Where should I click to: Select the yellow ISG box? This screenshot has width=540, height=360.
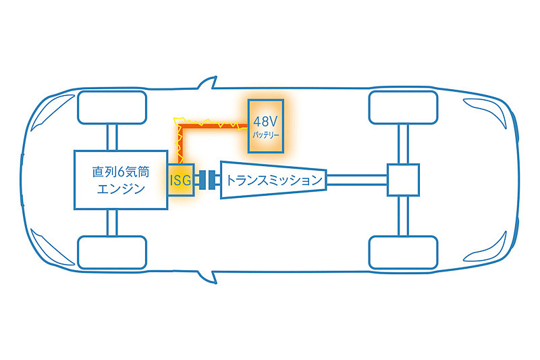click(x=180, y=180)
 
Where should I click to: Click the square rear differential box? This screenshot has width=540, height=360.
click(x=402, y=180)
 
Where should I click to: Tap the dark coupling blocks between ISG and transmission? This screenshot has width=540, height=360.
click(x=211, y=180)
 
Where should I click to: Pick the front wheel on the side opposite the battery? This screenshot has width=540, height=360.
click(x=112, y=252)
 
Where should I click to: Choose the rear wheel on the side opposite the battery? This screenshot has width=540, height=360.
click(x=402, y=253)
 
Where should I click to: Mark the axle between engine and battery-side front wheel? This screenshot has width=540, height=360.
click(x=112, y=138)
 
